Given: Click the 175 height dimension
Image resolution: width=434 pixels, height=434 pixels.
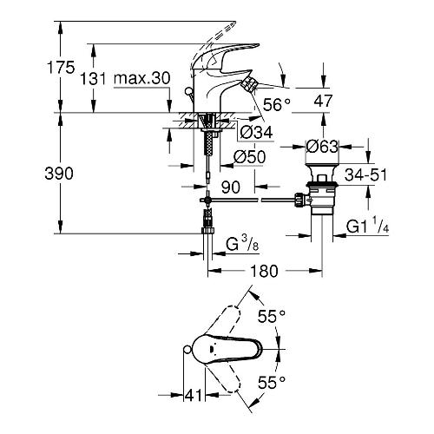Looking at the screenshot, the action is [61, 68].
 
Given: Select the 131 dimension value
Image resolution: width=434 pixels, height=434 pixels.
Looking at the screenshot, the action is [93, 78].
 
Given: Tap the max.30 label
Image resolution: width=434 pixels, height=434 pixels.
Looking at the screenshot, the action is [141, 78].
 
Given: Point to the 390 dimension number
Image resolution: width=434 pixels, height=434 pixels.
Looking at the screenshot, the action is [59, 174].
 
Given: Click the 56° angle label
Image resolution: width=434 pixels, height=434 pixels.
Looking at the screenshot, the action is [277, 104].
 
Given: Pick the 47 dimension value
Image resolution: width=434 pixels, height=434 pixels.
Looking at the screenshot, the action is [323, 101].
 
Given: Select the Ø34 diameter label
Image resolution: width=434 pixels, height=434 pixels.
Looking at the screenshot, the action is [256, 133].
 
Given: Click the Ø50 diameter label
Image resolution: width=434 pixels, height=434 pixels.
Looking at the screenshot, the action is [249, 157].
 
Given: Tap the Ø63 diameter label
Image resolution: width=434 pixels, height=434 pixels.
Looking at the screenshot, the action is [322, 147].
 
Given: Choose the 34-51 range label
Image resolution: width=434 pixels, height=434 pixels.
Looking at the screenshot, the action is [365, 174].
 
